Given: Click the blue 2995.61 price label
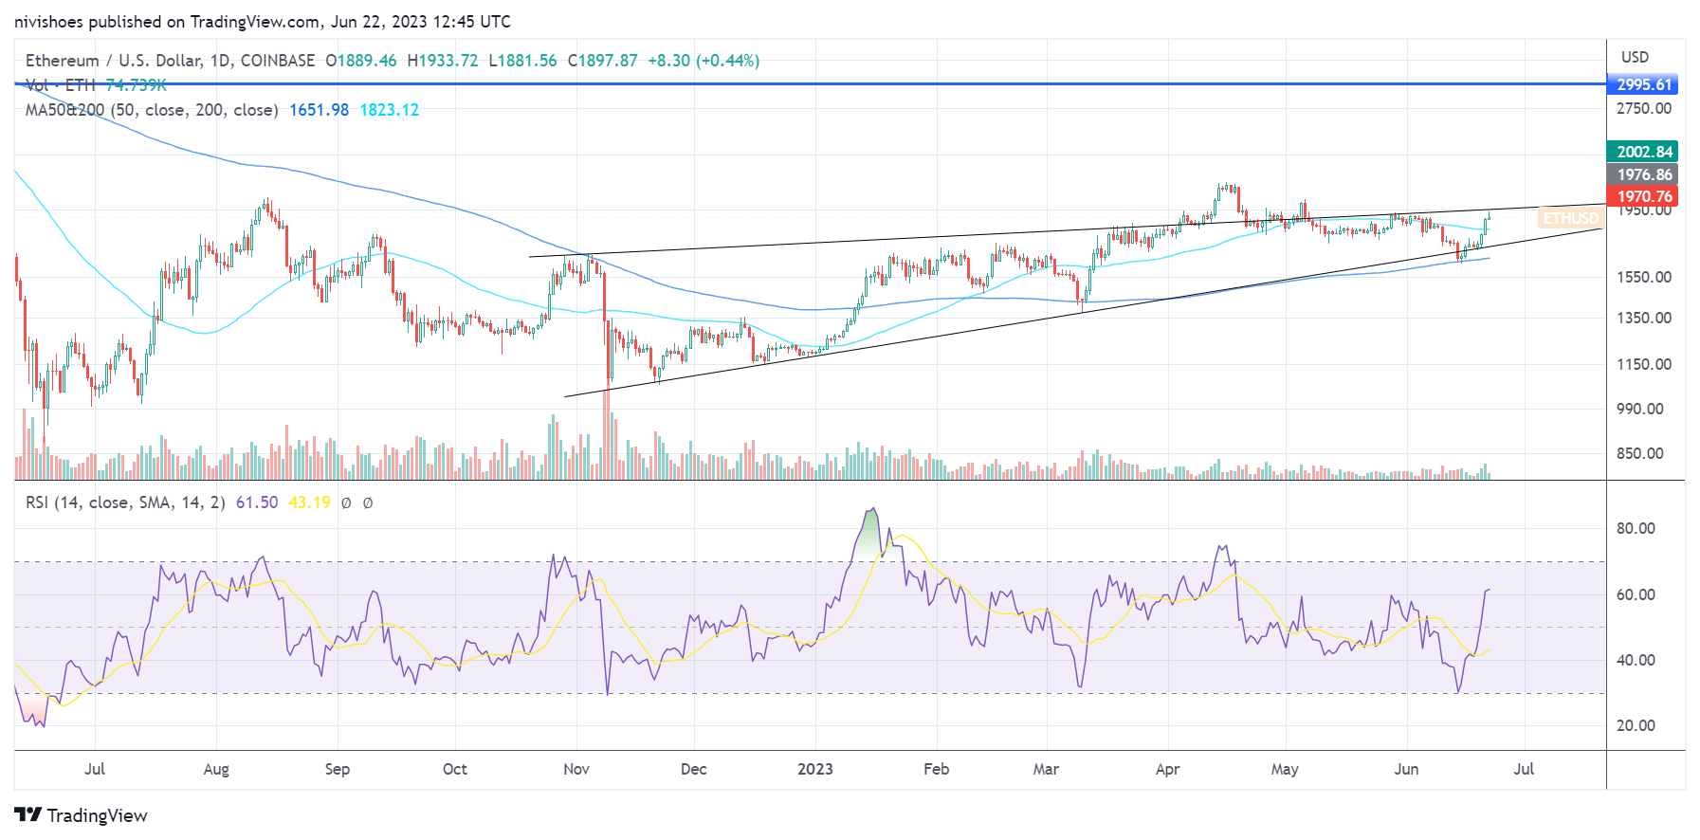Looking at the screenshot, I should coord(1643,84).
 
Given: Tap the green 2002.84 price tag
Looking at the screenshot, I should coord(1643,152).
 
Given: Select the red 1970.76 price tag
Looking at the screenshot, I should coord(1643,196).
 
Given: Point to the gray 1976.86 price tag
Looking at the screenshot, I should coord(1643,174).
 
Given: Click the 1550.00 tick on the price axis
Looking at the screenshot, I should coord(1644,277).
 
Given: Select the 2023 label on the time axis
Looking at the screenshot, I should coord(814,769).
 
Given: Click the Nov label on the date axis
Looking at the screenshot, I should coord(576,769).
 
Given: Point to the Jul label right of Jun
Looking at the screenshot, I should coord(1524,769).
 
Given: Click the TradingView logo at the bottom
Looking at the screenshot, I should coord(82,815).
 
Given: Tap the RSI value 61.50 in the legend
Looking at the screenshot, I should coord(257,502).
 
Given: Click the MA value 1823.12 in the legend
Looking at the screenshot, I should coord(389,110).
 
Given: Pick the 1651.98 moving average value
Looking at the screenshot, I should coord(319,110).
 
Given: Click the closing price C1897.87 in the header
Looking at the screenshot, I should coord(603,61).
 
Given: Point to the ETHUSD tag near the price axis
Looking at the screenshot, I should coord(1570,218).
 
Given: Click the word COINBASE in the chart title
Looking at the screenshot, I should coord(278,61).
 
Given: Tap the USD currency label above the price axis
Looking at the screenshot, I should coord(1635,57).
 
